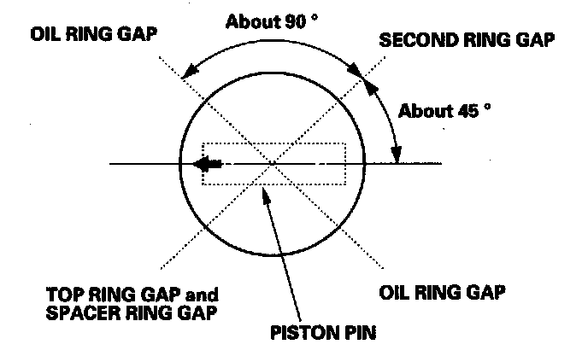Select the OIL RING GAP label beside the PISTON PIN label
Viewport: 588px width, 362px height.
tap(442, 290)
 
